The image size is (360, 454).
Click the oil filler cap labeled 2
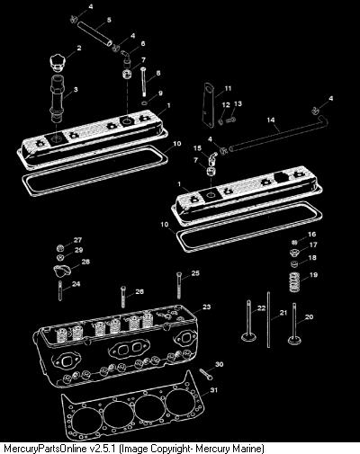[x=58, y=63]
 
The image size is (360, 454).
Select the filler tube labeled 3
[x=57, y=99]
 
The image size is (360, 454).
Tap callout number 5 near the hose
[x=109, y=20]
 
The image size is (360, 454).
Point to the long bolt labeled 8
[x=143, y=82]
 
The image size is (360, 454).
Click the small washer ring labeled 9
[x=144, y=103]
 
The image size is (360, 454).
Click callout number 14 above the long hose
[x=271, y=120]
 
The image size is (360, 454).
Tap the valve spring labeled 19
[x=295, y=282]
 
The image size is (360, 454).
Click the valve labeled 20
[x=294, y=325]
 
